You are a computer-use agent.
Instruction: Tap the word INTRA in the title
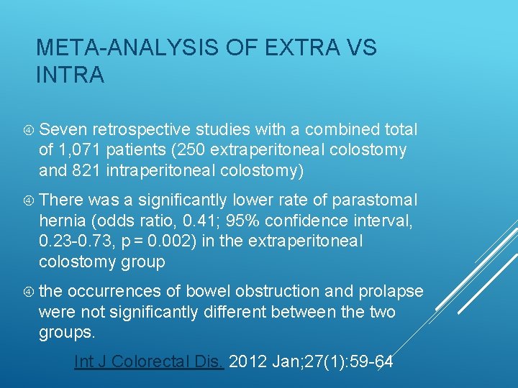[x=70, y=74]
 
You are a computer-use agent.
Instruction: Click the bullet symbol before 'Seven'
[x=28, y=130]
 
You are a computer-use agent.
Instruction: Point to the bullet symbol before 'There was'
[x=28, y=200]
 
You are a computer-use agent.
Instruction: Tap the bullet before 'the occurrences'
[x=28, y=292]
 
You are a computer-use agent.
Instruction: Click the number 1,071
[x=81, y=150]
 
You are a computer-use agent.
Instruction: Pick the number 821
[x=86, y=170]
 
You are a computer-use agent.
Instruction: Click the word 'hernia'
[x=62, y=221]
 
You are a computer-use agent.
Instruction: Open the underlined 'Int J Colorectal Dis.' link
[x=150, y=361]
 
